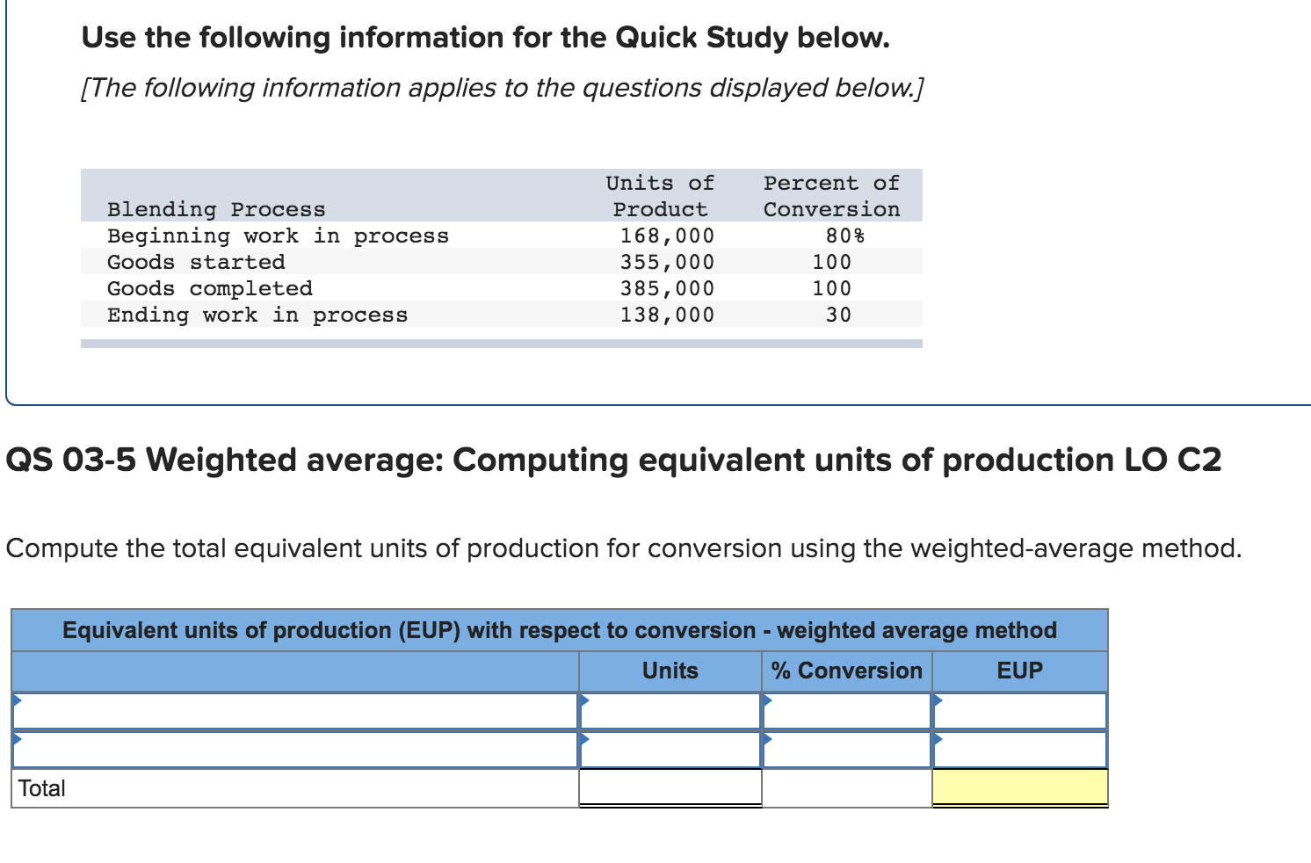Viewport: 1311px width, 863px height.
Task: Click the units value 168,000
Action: click(x=667, y=236)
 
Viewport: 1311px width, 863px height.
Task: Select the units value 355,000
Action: click(x=667, y=262)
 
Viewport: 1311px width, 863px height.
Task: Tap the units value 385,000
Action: click(x=667, y=288)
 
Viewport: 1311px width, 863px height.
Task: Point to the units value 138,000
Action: click(x=667, y=315)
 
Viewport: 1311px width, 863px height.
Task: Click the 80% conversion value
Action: click(x=844, y=236)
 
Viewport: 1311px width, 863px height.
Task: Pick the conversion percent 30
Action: click(x=838, y=315)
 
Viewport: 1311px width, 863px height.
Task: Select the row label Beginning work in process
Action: click(x=278, y=236)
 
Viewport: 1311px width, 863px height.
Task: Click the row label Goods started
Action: click(x=196, y=262)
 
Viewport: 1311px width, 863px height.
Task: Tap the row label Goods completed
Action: click(x=210, y=288)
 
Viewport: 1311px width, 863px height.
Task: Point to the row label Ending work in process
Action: click(x=257, y=315)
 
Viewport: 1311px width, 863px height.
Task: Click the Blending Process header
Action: click(x=216, y=209)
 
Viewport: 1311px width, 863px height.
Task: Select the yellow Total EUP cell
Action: click(x=1019, y=787)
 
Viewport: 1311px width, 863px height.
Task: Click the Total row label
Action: click(x=42, y=788)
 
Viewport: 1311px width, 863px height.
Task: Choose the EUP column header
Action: click(x=1019, y=671)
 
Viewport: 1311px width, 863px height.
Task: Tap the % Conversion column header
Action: click(x=846, y=671)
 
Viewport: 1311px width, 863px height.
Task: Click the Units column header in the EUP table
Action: click(x=670, y=671)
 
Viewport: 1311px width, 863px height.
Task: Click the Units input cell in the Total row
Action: click(x=670, y=787)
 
